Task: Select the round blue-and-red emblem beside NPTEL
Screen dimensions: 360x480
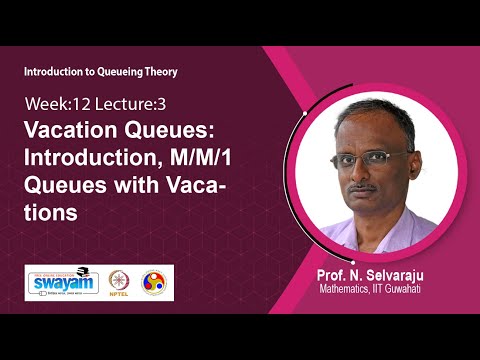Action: pos(156,283)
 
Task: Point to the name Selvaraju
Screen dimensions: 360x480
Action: pos(410,276)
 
